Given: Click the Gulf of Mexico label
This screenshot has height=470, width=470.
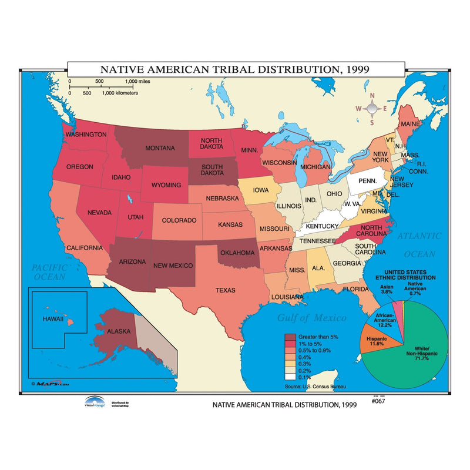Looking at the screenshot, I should point(311,318).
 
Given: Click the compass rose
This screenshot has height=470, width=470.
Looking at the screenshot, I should point(371,109).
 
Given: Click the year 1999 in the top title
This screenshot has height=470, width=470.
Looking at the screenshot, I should point(357,68).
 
